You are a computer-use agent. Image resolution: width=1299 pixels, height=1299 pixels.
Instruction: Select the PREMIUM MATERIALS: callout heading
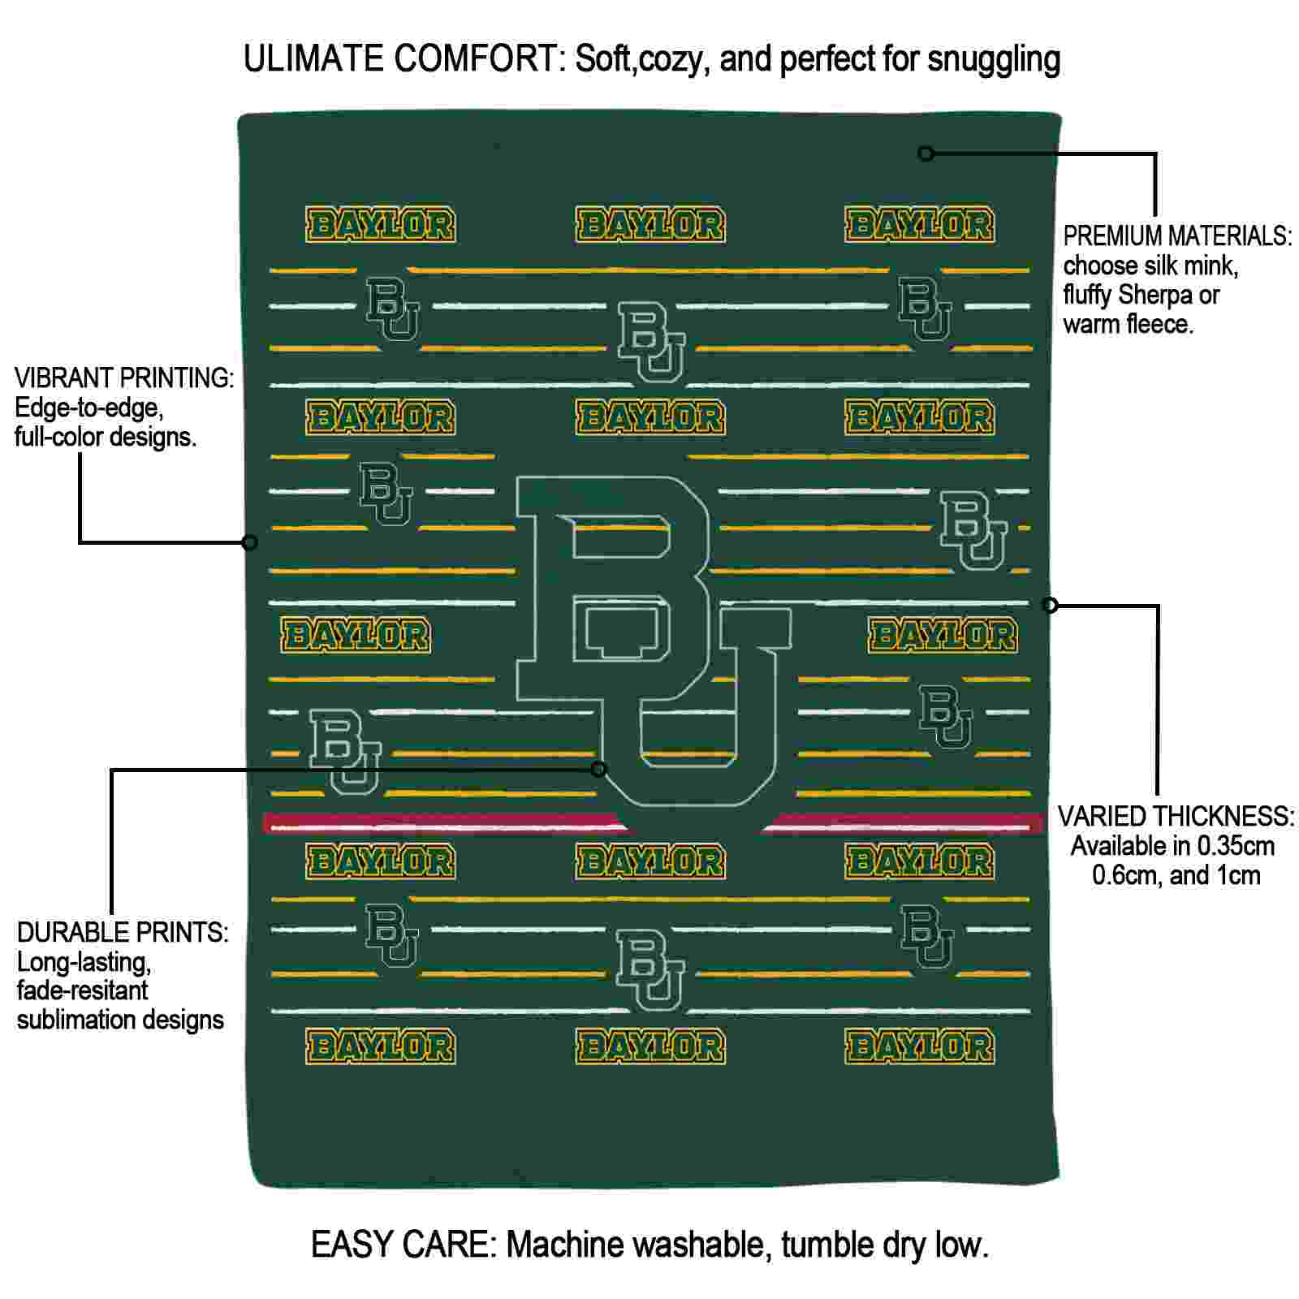tap(1177, 236)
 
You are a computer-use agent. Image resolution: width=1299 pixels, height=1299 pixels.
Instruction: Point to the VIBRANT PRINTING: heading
tap(124, 378)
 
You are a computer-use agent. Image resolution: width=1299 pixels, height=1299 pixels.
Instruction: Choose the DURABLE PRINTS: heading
tap(123, 932)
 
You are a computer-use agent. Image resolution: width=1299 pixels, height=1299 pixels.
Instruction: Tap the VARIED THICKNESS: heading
tap(1176, 816)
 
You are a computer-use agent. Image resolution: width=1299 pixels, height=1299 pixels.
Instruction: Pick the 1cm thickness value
tap(1238, 875)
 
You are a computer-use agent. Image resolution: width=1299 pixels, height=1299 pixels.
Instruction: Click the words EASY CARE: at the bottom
tap(404, 1245)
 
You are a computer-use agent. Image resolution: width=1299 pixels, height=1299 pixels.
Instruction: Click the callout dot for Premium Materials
tap(926, 153)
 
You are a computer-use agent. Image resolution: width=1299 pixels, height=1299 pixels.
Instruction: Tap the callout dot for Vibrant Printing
tap(250, 542)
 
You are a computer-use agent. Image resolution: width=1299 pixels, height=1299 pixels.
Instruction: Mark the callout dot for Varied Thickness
tap(1050, 605)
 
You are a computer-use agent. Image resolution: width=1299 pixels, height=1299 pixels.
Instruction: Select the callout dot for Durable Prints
tap(598, 769)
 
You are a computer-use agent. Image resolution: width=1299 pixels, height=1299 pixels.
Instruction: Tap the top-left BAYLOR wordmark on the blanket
tap(380, 225)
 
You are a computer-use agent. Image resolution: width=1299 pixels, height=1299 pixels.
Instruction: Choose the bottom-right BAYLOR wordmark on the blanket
tap(919, 1047)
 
